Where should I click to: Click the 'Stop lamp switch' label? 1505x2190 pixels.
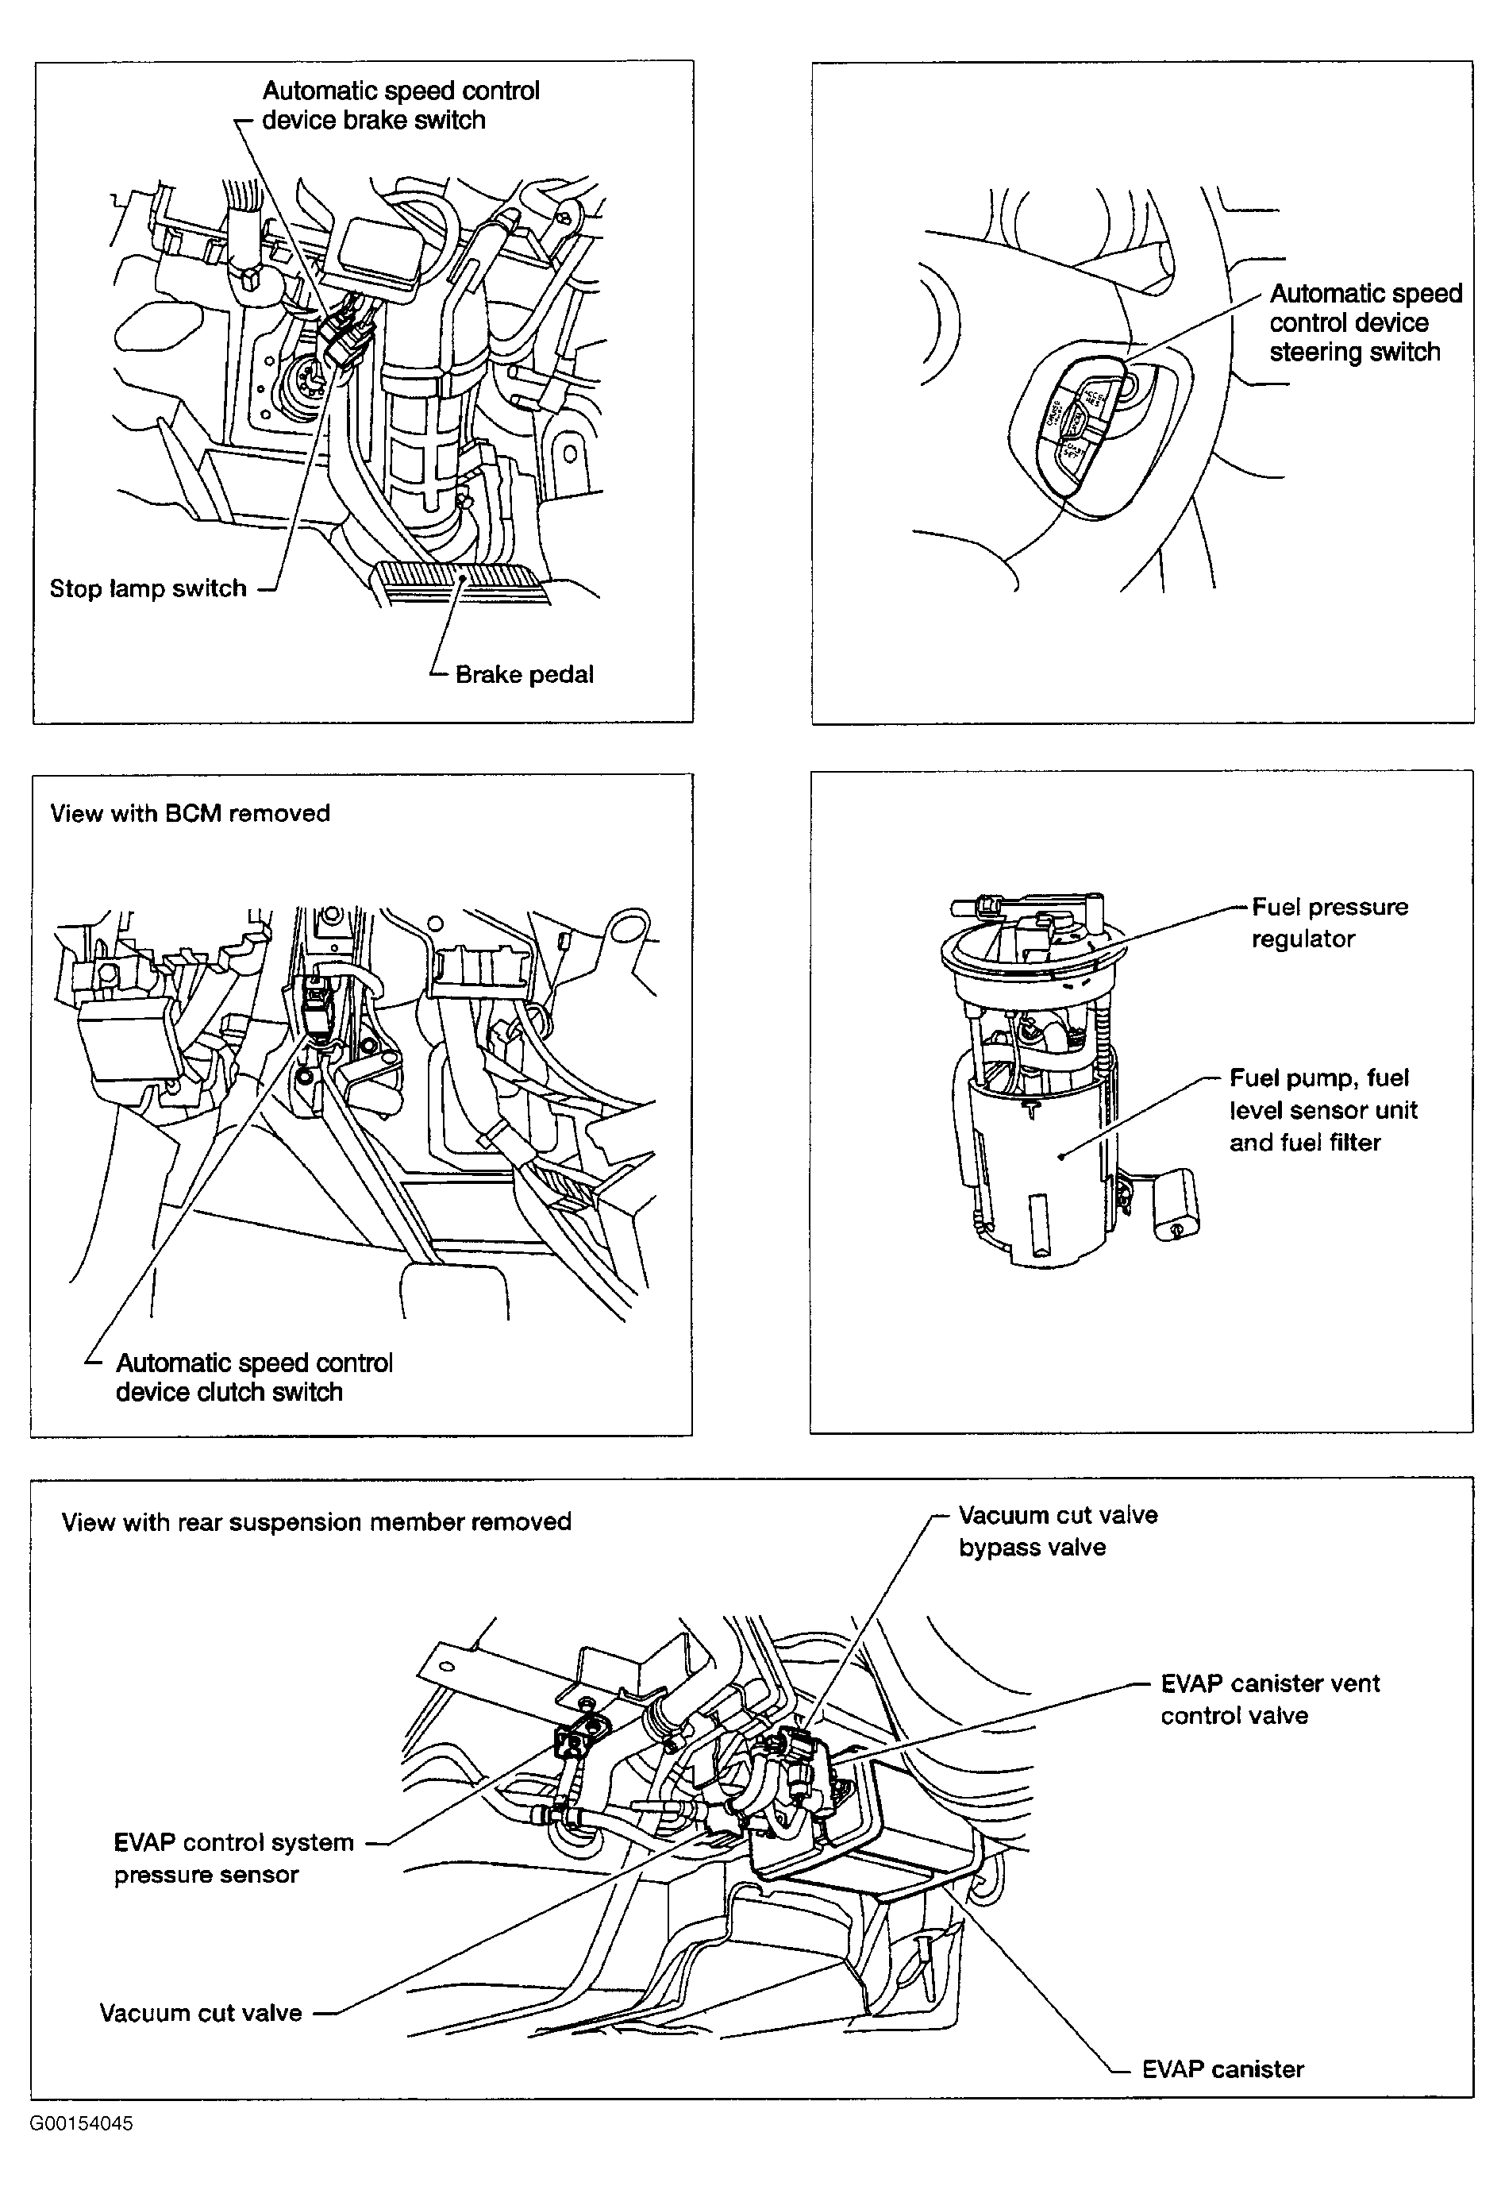coord(148,588)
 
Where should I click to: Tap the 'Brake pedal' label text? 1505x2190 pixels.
coord(525,674)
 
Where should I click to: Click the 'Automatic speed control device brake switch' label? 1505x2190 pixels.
coord(401,106)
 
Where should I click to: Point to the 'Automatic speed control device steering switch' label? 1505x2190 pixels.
coord(1365,322)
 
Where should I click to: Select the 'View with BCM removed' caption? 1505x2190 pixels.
coord(190,813)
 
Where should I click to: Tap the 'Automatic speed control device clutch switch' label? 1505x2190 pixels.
coord(254,1377)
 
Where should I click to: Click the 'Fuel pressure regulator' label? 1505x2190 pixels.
coord(1330,923)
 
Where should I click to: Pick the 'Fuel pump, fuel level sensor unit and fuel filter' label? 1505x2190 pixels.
coord(1322,1110)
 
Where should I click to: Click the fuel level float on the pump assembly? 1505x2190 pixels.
coord(1176,1204)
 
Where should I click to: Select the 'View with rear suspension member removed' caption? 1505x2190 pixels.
coord(316,1521)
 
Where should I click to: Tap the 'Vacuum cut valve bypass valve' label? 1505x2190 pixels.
coord(1057,1531)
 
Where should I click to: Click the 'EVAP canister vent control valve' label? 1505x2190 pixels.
coord(1269,1698)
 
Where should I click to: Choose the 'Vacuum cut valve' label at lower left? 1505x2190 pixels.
coord(201,2013)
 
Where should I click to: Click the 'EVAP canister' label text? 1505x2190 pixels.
coord(1222,2069)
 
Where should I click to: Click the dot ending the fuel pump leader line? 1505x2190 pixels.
coord(1060,1155)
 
